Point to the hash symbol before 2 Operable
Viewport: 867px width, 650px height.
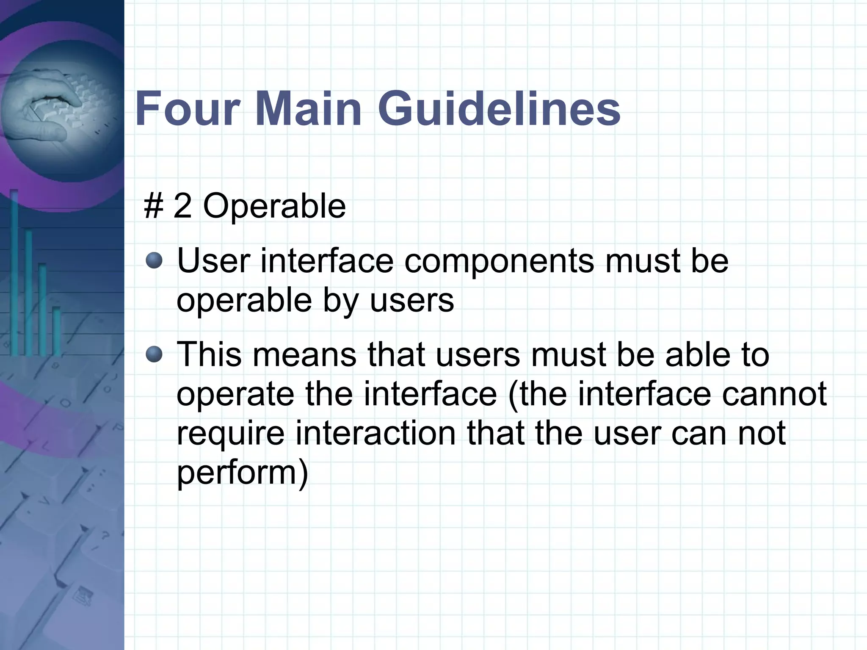[154, 206]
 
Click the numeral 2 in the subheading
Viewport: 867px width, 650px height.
[182, 206]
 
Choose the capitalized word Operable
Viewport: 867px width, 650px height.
[274, 207]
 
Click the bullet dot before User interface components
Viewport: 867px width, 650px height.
[154, 260]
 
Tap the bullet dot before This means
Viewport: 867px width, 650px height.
[154, 354]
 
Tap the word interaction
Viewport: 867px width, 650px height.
[375, 433]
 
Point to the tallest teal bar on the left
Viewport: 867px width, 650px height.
[14, 271]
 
